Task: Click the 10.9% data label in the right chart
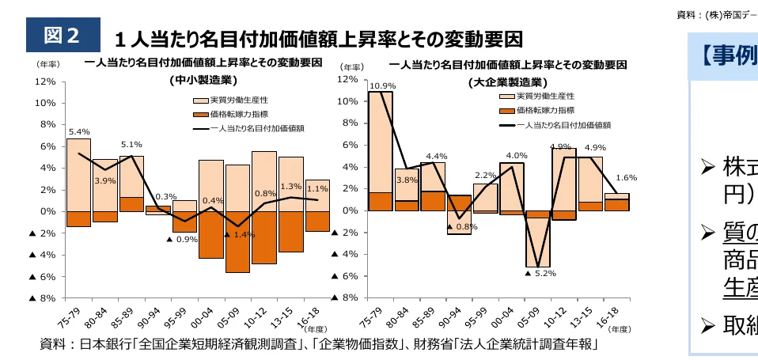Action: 382,85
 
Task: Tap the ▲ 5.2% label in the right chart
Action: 540,273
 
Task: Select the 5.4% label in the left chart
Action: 79,131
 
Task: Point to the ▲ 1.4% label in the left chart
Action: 238,235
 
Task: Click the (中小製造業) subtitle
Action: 203,79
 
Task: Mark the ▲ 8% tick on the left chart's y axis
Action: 43,298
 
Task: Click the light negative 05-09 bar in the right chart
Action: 538,242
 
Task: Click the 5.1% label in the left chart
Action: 131,145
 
